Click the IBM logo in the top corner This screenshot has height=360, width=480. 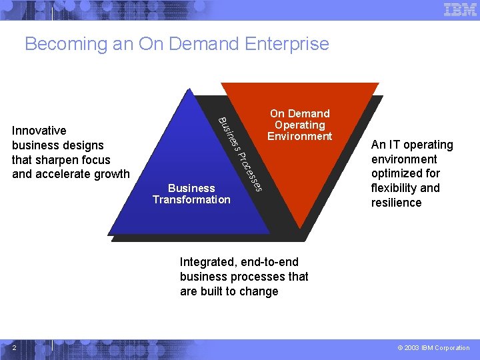tap(460, 9)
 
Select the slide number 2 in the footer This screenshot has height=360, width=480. tap(14, 347)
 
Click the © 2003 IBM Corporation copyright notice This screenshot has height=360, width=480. tap(433, 347)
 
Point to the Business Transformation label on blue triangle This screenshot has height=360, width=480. tap(191, 194)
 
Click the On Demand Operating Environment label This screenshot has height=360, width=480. tap(299, 125)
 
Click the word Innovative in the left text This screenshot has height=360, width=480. tap(39, 131)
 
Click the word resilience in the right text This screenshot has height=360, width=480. tap(396, 203)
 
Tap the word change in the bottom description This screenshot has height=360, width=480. tap(259, 291)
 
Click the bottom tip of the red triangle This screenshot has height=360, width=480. tap(302, 227)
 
